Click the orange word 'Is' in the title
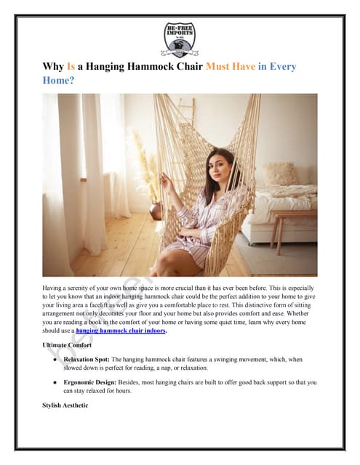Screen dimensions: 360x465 [71, 67]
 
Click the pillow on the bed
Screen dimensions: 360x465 [279, 174]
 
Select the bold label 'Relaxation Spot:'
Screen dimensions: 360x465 [88, 360]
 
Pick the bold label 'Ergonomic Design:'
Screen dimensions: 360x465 [90, 381]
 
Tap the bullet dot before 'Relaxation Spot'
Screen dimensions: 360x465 [56, 360]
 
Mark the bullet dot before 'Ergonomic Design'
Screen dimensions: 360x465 [56, 381]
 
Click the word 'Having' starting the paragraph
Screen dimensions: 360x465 [53, 289]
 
